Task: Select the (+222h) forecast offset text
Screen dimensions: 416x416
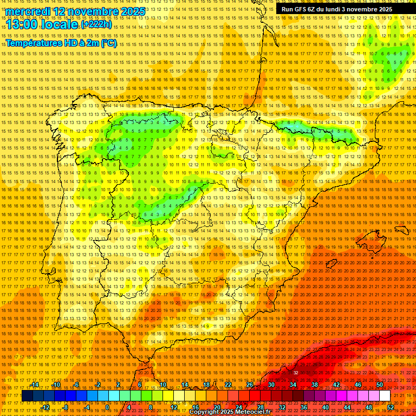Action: [x=96, y=24]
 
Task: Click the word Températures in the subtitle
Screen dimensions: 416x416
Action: [x=34, y=43]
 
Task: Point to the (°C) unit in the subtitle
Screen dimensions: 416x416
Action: [x=108, y=43]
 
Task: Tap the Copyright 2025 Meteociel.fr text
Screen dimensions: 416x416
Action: [x=230, y=412]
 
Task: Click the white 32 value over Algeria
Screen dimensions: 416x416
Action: [x=296, y=373]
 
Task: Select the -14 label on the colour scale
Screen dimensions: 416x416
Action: [x=35, y=385]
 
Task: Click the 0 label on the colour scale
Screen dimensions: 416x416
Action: [x=107, y=407]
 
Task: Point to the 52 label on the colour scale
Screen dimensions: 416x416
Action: [x=391, y=407]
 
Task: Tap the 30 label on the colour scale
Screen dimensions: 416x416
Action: [x=271, y=385]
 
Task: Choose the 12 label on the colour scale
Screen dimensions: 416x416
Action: [x=174, y=407]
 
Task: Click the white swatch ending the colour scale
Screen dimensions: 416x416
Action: [x=385, y=396]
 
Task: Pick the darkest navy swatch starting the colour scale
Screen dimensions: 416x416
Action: [x=27, y=396]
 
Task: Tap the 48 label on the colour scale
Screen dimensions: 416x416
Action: [x=369, y=407]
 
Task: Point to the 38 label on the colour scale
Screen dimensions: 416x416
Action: [x=314, y=385]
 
